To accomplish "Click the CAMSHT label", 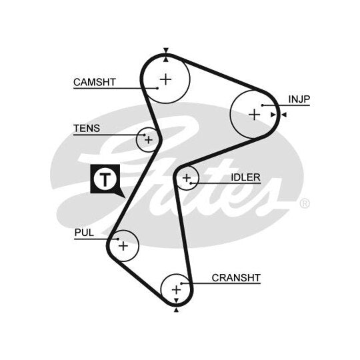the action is pos(95,82).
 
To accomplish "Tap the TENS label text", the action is pos(87,129).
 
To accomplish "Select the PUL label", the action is pos(84,233).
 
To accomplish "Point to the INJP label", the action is pos(299,99).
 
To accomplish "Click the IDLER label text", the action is pos(245,177).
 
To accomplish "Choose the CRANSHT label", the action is pos(236,278).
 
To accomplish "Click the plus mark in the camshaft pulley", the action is pos(165,79).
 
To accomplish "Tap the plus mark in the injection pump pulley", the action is pos(255,115).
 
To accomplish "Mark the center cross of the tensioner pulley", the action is pos(149,140).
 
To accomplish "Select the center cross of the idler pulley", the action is pos(187,178).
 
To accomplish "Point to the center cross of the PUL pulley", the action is pos(123,246).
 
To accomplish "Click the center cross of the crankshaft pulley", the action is pos(176,290).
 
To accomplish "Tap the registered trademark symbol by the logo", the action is pos(305,203).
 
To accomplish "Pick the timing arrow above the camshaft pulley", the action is pos(166,51).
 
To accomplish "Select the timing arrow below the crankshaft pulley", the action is pos(176,311).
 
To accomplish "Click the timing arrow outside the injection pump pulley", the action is pos(284,115).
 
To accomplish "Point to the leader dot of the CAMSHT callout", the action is pos(157,88).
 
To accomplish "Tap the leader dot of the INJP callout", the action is pos(263,105).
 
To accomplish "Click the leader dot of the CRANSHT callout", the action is pos(181,283).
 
